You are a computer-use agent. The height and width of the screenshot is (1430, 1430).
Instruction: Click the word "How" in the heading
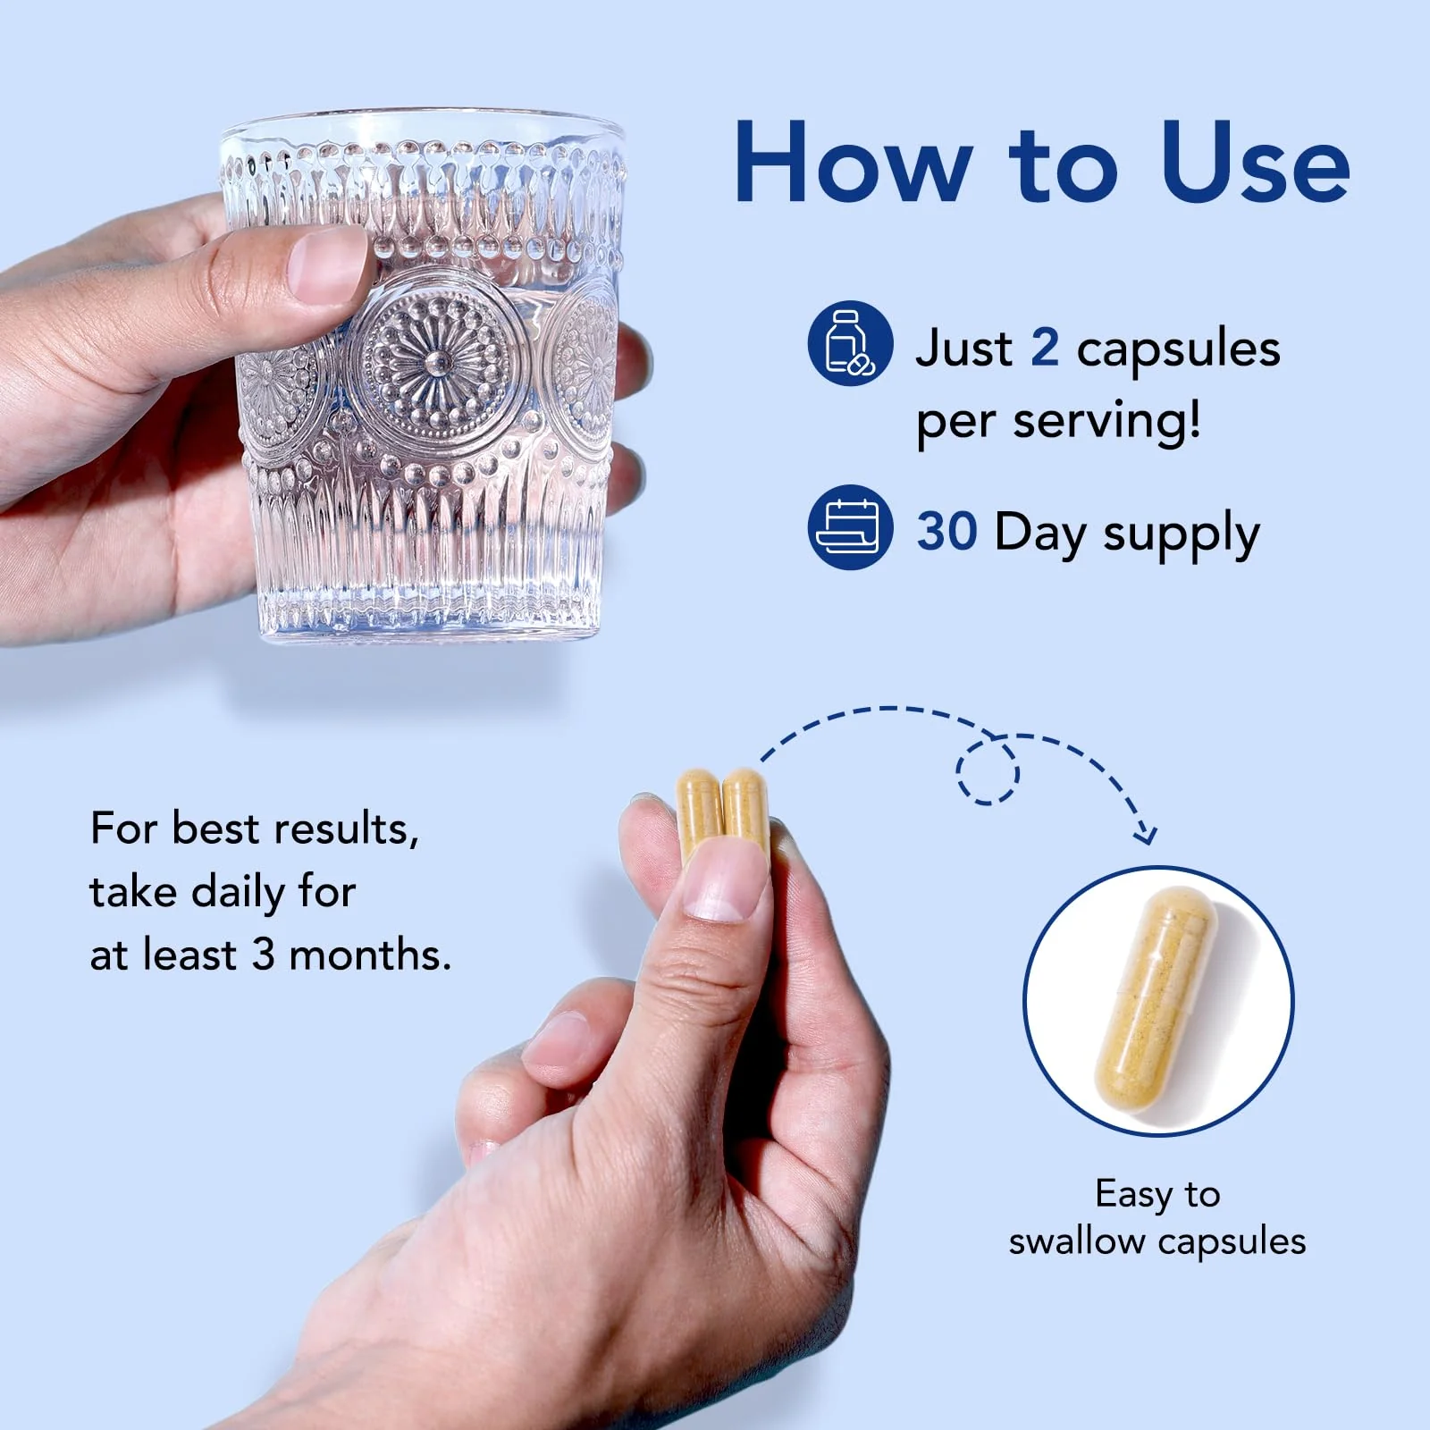[x=853, y=164]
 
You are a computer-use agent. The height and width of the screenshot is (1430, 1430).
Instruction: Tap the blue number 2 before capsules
[x=1044, y=348]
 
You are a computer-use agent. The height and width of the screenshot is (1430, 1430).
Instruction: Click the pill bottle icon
[x=850, y=343]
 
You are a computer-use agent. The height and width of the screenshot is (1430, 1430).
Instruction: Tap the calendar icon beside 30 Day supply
[x=850, y=527]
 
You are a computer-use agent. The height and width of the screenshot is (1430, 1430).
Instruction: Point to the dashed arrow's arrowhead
[x=1144, y=833]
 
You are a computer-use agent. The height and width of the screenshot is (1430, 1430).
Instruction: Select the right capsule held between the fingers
[x=744, y=809]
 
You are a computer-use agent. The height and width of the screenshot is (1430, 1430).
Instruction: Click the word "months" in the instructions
[x=370, y=955]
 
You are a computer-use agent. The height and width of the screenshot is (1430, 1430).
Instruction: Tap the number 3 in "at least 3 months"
[x=263, y=955]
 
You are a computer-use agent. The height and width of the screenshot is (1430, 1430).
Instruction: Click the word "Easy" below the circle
[x=1134, y=1195]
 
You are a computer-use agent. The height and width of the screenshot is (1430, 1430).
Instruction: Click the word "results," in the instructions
[x=346, y=829]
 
